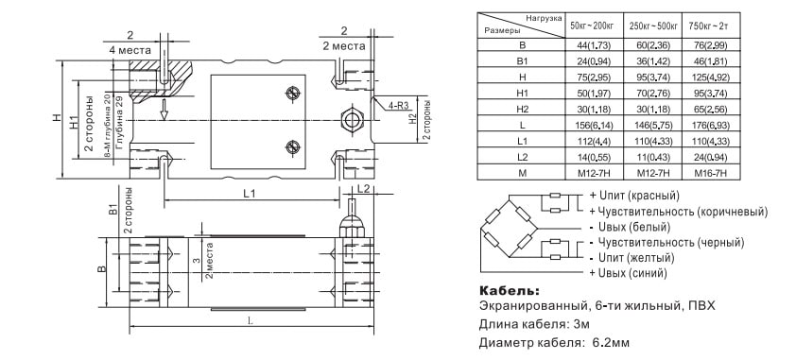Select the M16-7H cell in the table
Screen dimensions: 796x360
point(710,174)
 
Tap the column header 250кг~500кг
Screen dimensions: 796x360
point(653,25)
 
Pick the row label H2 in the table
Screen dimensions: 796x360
point(523,109)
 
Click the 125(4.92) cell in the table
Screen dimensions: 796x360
point(710,77)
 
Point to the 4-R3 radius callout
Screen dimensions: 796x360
point(399,106)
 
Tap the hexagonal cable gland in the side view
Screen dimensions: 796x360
point(352,120)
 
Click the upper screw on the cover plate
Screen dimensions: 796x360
point(292,94)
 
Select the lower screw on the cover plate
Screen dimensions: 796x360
point(292,146)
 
